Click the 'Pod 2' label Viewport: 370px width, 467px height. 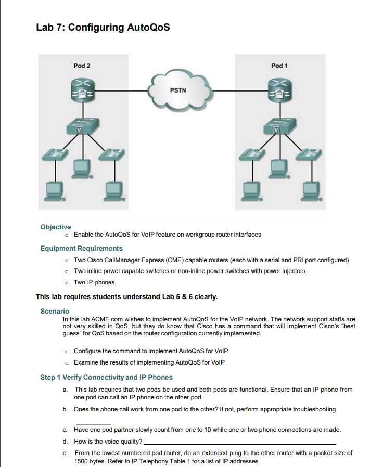pos(82,66)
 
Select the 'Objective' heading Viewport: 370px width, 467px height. pos(55,227)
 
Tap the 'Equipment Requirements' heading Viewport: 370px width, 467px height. pos(81,248)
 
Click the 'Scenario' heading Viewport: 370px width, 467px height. pos(55,311)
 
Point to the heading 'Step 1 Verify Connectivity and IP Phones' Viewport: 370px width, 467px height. pos(106,377)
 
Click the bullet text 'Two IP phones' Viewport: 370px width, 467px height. pos(94,282)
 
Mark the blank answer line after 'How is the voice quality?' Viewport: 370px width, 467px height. pos(239,443)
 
